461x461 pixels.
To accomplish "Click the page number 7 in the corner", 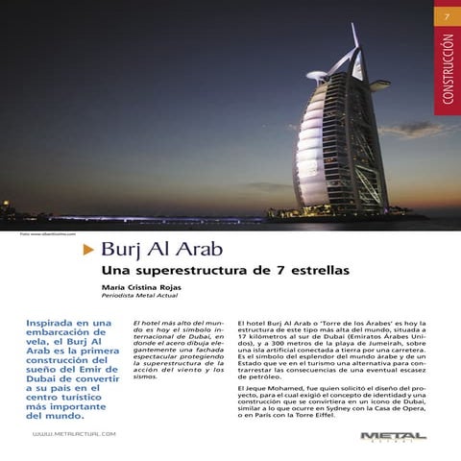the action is [x=445, y=17].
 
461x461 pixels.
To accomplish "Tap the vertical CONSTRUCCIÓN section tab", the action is [x=446, y=72].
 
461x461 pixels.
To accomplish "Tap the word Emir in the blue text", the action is [x=100, y=367].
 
